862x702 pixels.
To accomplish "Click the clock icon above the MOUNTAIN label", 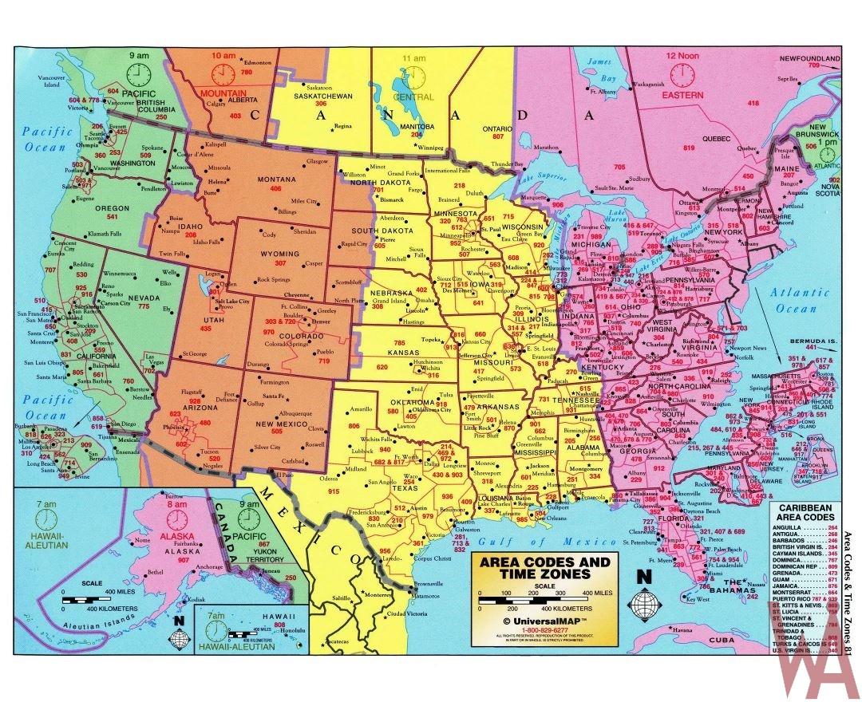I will tap(222, 75).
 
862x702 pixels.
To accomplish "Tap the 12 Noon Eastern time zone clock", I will tap(682, 75).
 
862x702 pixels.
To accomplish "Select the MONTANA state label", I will tap(276, 180).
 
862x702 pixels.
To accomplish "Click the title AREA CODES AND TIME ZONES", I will tap(544, 567).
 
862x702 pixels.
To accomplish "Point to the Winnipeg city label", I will tap(429, 148).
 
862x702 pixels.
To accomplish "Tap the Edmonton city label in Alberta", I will tap(257, 62).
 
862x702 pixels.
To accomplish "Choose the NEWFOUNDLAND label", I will tap(809, 59).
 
